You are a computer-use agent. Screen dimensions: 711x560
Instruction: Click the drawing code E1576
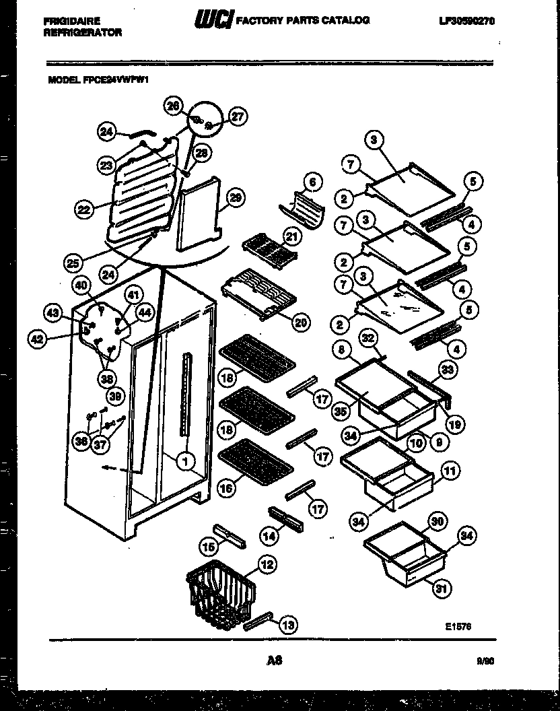[458, 625]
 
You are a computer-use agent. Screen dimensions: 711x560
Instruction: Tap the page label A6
[274, 661]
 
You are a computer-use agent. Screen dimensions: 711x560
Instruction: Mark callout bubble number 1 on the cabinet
[183, 461]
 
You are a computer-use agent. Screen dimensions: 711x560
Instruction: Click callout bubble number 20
[301, 323]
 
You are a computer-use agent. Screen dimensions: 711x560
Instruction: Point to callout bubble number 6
[312, 182]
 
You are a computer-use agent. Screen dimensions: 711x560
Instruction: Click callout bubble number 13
[287, 625]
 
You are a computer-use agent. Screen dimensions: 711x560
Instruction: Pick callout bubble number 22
[83, 210]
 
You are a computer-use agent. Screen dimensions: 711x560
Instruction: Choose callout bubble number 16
[227, 488]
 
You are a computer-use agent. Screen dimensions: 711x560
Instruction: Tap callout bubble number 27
[237, 116]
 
